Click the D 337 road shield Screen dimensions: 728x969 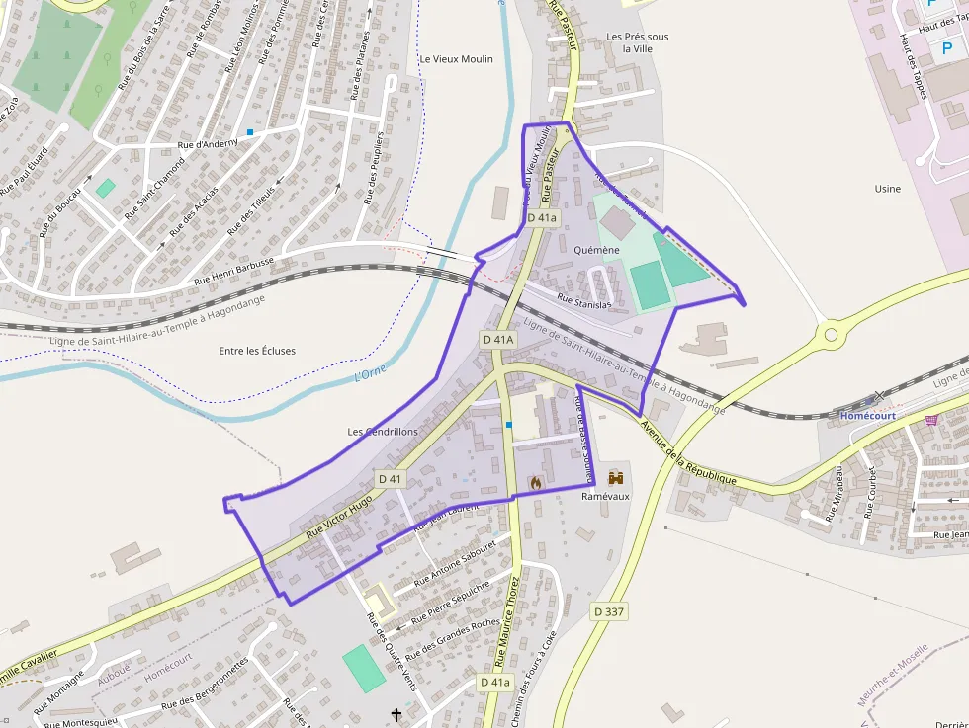pos(609,612)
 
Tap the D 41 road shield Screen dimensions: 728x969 pos(391,479)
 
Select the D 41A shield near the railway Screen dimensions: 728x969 pos(498,339)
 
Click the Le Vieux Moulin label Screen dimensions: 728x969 pos(457,59)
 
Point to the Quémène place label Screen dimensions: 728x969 pos(596,251)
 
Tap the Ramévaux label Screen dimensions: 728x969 pos(605,497)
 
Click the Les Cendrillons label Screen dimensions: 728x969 pos(384,432)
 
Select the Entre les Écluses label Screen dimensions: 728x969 pos(257,351)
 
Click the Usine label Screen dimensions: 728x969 pos(888,189)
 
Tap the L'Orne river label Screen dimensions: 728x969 pos(370,374)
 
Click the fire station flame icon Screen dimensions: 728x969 pos(535,483)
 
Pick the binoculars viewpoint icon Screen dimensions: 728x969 pos(617,477)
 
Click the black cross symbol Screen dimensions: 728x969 pos(397,714)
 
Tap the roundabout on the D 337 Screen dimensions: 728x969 pos(831,335)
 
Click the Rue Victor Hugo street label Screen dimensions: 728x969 pos(339,518)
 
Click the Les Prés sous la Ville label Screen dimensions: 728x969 pos(637,42)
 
